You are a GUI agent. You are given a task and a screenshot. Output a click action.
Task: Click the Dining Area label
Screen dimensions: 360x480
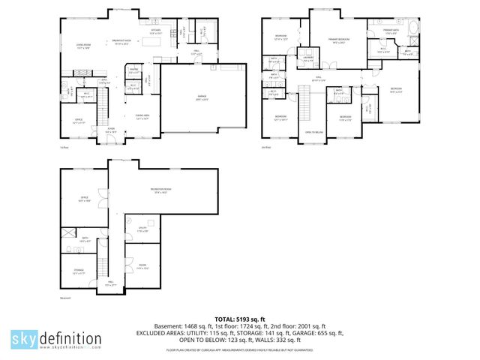click(x=142, y=116)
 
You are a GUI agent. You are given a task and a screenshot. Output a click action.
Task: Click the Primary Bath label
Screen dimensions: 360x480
click(x=391, y=31)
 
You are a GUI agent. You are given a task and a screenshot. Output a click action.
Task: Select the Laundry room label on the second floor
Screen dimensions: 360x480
click(x=307, y=59)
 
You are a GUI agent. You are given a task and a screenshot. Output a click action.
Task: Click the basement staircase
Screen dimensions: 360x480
click(x=100, y=267)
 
